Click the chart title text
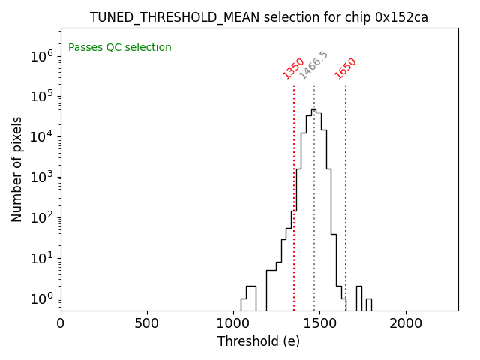pyautogui.click(x=259, y=17)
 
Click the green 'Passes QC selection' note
pyautogui.click(x=120, y=48)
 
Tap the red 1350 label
pyautogui.click(x=293, y=68)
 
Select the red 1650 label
pyautogui.click(x=346, y=68)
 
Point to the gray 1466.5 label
pyautogui.click(x=313, y=65)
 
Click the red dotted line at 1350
pyautogui.click(x=294, y=195)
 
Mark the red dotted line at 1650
pyautogui.click(x=346, y=195)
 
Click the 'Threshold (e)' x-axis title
pyautogui.click(x=259, y=341)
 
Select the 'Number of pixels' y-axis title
pyautogui.click(x=16, y=169)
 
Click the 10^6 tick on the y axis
pyautogui.click(x=40, y=55)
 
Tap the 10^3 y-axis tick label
pyautogui.click(x=40, y=177)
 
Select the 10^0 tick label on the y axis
pyautogui.click(x=40, y=298)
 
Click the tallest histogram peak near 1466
pyautogui.click(x=313, y=110)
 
